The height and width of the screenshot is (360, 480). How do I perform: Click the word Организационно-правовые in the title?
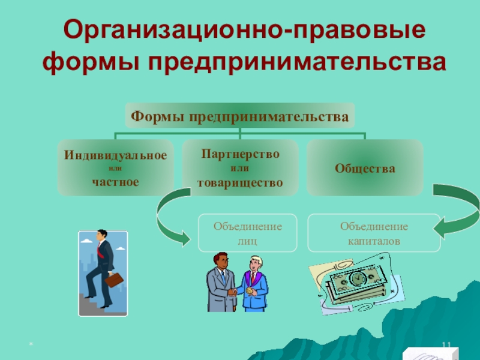[x=244, y=29]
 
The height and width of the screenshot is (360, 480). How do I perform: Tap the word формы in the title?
[x=91, y=63]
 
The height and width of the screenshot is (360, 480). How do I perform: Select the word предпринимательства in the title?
[x=296, y=63]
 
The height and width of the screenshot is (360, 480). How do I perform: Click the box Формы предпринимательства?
[x=240, y=115]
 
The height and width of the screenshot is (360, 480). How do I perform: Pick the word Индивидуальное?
[x=115, y=155]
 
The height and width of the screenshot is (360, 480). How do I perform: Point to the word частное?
[x=115, y=182]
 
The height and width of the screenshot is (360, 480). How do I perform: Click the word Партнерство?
[x=241, y=154]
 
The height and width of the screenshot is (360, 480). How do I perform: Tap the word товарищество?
[x=240, y=183]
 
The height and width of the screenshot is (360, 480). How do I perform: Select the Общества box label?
[x=365, y=168]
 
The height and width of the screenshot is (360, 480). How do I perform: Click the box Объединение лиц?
[x=248, y=233]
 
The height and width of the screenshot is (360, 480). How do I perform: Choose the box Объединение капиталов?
[x=374, y=233]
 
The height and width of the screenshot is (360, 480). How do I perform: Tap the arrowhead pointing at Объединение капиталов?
[x=439, y=229]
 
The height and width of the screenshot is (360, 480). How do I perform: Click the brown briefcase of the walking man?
[x=114, y=280]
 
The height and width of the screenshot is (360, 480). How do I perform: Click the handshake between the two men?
[x=233, y=292]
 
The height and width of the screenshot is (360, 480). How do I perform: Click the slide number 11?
[x=446, y=345]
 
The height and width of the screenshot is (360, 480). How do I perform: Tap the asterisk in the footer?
[x=31, y=344]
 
